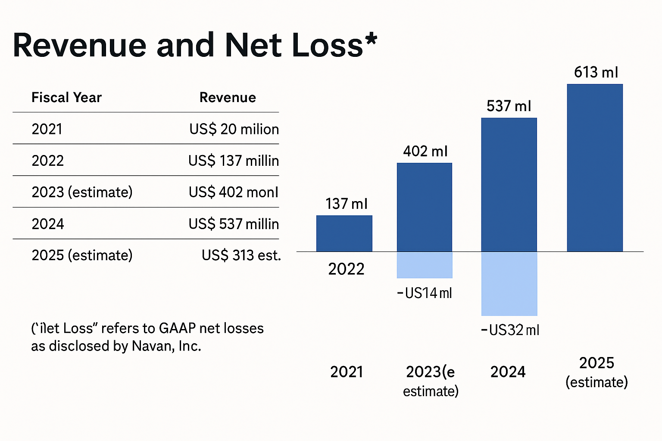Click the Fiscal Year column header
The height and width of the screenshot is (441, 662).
[x=66, y=97]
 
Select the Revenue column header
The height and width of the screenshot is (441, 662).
[x=228, y=97]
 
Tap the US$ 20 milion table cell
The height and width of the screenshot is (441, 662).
[x=234, y=129]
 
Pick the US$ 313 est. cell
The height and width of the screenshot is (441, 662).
[x=241, y=255]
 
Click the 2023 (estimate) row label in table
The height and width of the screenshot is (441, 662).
[x=82, y=192]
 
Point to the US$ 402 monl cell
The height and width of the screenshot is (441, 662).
[x=234, y=192]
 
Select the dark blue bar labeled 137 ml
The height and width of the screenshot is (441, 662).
[x=344, y=233]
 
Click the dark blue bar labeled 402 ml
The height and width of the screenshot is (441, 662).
[x=425, y=207]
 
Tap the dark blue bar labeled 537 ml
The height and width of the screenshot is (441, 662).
[x=509, y=185]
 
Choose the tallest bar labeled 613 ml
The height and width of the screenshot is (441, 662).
[x=595, y=168]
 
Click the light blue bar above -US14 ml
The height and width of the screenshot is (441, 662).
[x=425, y=265]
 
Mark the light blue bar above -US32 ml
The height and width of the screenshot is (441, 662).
[x=509, y=284]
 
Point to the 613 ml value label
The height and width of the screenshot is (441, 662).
[x=596, y=72]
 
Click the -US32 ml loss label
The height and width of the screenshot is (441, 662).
[x=510, y=330]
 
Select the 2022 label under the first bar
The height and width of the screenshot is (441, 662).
[x=346, y=269]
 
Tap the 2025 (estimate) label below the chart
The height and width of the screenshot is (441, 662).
[x=596, y=372]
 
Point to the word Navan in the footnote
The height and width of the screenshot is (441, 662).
[x=152, y=346]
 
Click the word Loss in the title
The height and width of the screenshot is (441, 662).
[x=328, y=45]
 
